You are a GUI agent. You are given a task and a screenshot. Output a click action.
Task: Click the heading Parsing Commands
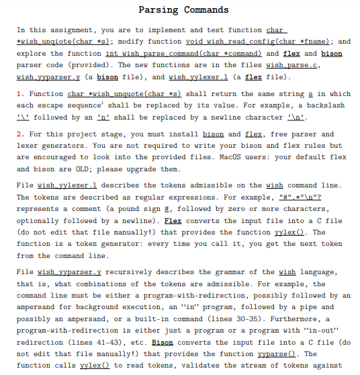(183, 9)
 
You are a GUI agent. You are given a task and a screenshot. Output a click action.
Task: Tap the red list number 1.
(19, 93)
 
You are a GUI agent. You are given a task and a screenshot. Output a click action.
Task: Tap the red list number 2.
(19, 134)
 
